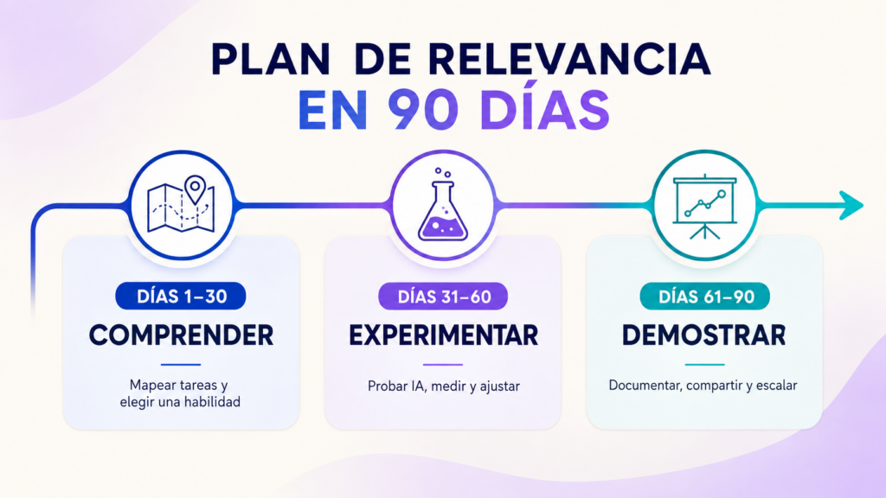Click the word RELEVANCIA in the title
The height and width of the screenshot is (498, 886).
(569, 59)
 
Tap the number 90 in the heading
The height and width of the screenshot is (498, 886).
(423, 109)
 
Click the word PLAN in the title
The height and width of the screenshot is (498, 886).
(271, 59)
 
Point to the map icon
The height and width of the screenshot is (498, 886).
(181, 204)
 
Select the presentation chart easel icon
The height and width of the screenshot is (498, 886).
(704, 207)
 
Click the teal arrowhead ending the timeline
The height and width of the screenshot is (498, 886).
(851, 205)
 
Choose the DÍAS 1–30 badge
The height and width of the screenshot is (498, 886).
(181, 296)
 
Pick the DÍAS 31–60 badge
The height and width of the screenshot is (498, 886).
(443, 297)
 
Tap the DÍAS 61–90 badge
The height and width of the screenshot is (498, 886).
(704, 297)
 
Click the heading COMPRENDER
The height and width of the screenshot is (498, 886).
(181, 335)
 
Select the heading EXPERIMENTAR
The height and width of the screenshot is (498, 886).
(443, 335)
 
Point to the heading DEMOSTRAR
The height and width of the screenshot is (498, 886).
(704, 335)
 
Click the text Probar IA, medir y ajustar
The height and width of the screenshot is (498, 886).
(444, 386)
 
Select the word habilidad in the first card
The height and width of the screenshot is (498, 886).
(213, 401)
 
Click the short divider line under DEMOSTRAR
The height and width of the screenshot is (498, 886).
(704, 365)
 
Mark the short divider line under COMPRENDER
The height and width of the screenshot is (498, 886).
(181, 365)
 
